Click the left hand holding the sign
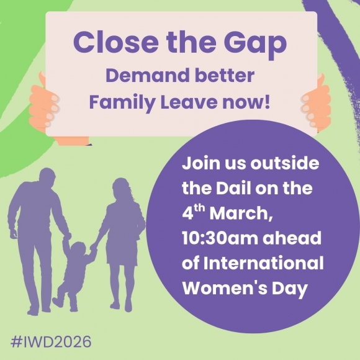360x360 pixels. [x=49, y=102]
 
